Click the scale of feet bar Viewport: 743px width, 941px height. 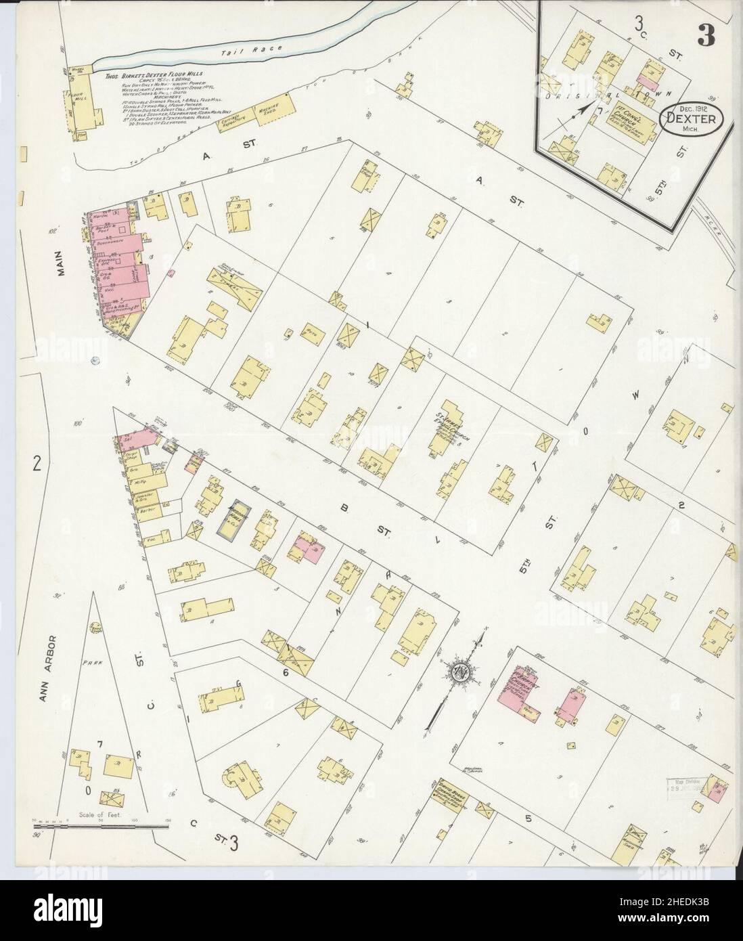[x=102, y=825]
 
